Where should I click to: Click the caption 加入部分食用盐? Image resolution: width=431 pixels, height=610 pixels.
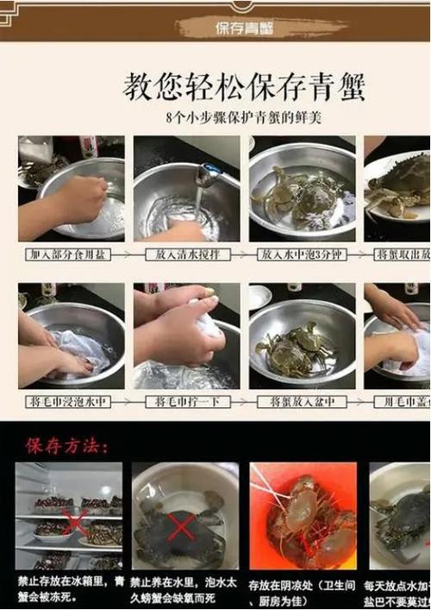[69, 255]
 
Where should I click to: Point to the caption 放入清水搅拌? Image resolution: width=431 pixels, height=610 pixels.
[185, 255]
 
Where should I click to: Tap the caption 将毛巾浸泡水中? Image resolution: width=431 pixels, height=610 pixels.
[69, 401]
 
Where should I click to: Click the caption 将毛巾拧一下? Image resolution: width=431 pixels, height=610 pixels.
[185, 401]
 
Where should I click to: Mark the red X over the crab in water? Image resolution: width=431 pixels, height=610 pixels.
[179, 525]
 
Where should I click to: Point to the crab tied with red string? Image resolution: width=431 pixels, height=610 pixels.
[302, 522]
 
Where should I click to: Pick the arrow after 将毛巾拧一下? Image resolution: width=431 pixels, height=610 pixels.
[242, 401]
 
